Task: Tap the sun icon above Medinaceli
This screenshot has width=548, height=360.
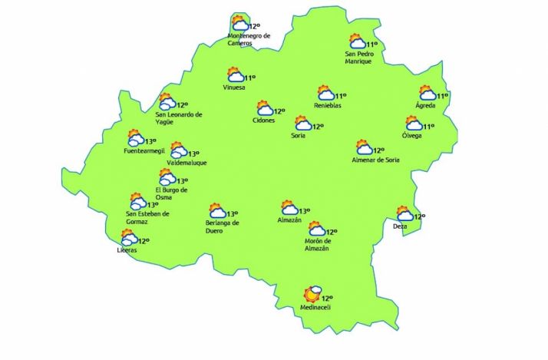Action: pos(311,294)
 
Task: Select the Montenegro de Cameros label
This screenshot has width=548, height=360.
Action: pos(249,39)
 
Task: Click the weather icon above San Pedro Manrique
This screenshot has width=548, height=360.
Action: pos(357,41)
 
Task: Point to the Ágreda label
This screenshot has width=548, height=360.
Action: pos(425,105)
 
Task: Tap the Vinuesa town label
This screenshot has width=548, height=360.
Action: pos(233,87)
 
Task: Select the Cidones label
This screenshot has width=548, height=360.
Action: pos(263,121)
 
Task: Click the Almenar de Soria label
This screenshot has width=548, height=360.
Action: pos(375,160)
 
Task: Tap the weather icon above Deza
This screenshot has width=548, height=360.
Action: pos(404,213)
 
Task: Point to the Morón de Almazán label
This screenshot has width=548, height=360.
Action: pos(316,244)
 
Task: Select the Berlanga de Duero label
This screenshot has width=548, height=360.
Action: pos(223,226)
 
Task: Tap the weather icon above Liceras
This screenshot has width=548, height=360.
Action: pos(128,238)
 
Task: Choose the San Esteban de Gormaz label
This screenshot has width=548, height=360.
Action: pos(147,217)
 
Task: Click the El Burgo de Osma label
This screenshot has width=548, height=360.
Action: pos(172,193)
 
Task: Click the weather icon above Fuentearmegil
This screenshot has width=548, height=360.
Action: pos(135,139)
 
